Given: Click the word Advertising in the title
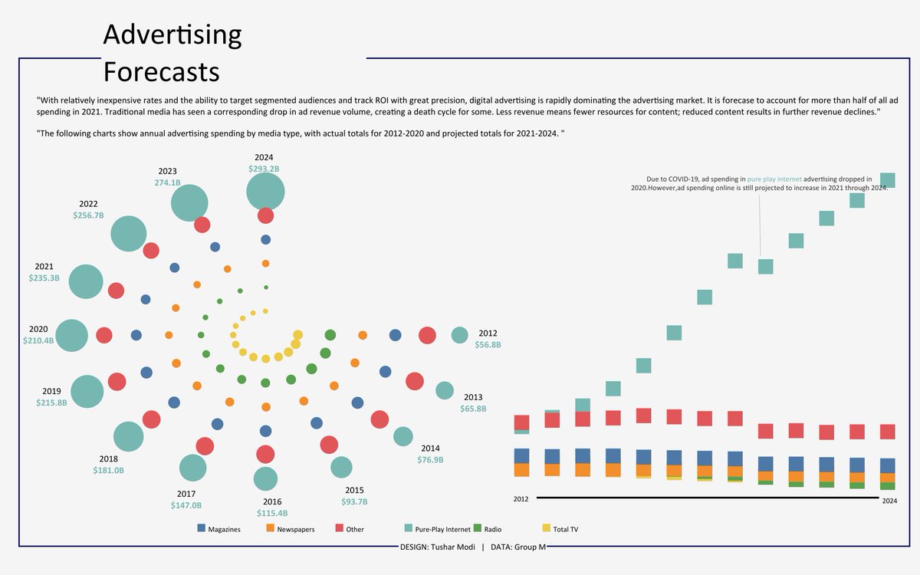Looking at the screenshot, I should (x=172, y=34).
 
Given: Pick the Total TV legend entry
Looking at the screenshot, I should (x=565, y=529).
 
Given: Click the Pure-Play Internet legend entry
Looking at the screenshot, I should (x=442, y=529).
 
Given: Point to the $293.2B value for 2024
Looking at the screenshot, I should (x=264, y=169).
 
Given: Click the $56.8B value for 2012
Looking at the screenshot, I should (x=488, y=345).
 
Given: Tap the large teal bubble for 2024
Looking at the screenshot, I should (x=265, y=191).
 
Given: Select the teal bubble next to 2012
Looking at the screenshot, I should (x=459, y=335).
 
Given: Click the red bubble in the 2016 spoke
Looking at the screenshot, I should (x=265, y=454).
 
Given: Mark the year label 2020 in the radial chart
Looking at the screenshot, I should (x=38, y=329).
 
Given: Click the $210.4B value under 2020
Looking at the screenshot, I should (x=38, y=340).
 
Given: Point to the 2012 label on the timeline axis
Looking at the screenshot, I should (x=521, y=500).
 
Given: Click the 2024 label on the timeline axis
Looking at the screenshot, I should (x=889, y=501).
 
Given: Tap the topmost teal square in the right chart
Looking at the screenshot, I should (x=888, y=180).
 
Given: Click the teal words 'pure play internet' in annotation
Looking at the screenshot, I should (x=774, y=179).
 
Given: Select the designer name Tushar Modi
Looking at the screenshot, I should (x=452, y=547).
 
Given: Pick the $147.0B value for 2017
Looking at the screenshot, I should (x=186, y=505).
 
